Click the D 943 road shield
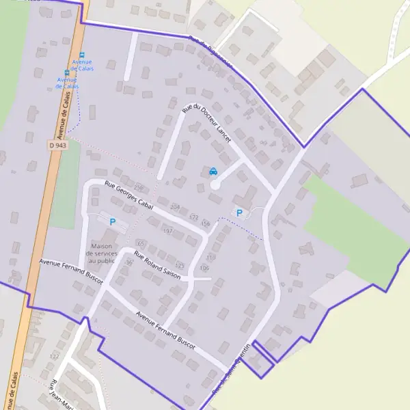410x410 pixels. tap(57, 145)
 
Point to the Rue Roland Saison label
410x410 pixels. tap(157, 266)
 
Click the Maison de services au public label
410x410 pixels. tap(101, 253)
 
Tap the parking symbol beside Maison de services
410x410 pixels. tap(113, 222)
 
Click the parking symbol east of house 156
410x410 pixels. tap(239, 213)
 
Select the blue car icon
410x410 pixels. tap(213, 172)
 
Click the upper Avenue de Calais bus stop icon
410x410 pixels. tap(82, 55)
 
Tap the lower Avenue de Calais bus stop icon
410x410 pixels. tap(67, 72)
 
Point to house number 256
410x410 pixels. tap(139, 188)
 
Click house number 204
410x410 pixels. tap(175, 206)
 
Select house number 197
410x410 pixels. tap(167, 231)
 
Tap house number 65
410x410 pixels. tap(141, 243)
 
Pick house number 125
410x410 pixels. tap(180, 265)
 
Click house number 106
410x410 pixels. tap(204, 268)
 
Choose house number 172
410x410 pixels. tap(193, 217)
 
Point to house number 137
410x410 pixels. tap(54, 357)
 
